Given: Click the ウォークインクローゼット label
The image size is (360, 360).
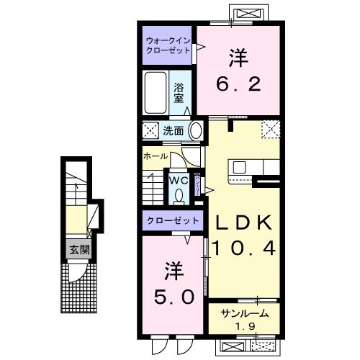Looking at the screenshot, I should [x=167, y=45].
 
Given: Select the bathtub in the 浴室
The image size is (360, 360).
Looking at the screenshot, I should [x=155, y=93].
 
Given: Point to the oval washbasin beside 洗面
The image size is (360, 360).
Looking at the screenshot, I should [x=195, y=131].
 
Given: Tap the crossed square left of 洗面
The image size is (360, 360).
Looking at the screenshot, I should [x=150, y=131].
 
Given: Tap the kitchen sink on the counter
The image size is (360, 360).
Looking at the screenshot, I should [x=239, y=167].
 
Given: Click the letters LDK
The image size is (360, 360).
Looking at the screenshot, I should [x=243, y=222].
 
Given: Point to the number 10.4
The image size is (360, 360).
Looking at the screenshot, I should [x=243, y=248].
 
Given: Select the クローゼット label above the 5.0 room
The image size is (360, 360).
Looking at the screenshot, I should [x=169, y=220].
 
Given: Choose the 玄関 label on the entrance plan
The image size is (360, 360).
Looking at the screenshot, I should [x=80, y=251].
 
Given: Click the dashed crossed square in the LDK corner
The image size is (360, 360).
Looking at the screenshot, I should [x=270, y=129].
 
